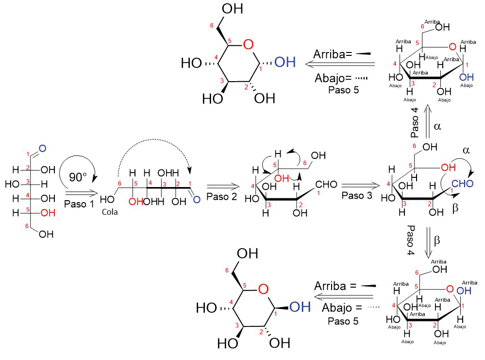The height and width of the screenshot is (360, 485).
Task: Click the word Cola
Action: coord(110,212)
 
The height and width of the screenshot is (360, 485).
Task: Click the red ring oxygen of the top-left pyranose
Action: coord(248,46)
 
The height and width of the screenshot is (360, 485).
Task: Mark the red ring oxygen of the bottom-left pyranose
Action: coord(263,290)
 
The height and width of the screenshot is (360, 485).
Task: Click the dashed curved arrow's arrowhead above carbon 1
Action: coord(189,171)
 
